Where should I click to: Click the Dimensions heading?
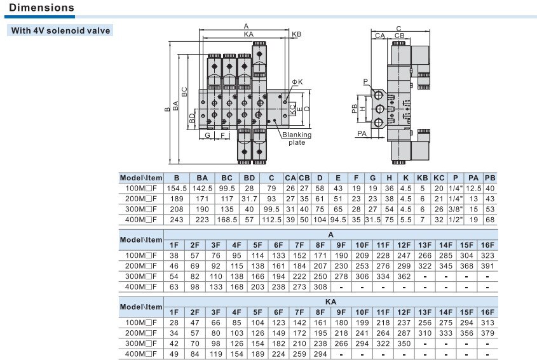41,8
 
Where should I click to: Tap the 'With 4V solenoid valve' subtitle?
60,30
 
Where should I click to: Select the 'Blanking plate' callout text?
297,138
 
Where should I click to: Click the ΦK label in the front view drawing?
297,82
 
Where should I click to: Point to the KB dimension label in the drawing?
297,34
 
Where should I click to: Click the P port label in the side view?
365,81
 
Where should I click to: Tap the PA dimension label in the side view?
362,133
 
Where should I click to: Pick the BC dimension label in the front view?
184,91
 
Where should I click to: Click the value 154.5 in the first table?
177,189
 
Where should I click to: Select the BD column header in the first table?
249,178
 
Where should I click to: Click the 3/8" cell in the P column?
456,210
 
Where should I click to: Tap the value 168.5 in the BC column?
227,220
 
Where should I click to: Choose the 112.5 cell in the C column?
271,220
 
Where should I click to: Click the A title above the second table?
330,235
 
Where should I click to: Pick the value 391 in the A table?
487,266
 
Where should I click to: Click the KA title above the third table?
330,302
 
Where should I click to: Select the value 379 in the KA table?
487,333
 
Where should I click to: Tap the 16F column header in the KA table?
487,312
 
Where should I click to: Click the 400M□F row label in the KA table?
140,354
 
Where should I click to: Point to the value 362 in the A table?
404,276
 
